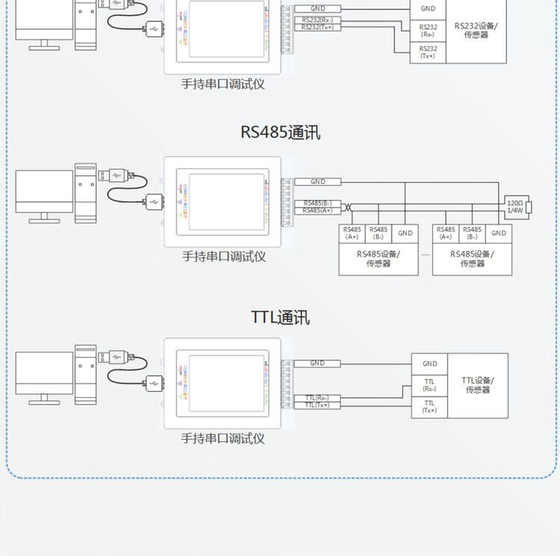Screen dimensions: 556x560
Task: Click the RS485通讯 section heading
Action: (x=280, y=132)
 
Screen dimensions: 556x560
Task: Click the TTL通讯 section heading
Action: (x=280, y=317)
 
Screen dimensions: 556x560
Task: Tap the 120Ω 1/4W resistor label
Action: (x=514, y=207)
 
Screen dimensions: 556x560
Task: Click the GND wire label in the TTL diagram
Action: (x=317, y=363)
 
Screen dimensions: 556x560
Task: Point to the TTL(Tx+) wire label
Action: (x=317, y=405)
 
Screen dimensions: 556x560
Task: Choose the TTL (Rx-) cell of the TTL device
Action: (x=429, y=385)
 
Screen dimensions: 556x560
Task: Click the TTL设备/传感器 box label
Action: (x=478, y=385)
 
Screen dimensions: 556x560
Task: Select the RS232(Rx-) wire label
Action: (x=317, y=19)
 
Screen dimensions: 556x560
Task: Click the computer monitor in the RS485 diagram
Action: (x=44, y=193)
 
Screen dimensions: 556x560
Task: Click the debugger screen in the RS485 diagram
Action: (x=226, y=201)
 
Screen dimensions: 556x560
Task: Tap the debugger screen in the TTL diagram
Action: (x=226, y=383)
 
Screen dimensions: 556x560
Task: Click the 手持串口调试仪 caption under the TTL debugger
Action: (x=223, y=439)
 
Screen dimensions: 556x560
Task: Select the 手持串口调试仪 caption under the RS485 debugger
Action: (x=223, y=257)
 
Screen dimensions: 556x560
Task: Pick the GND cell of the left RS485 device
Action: (x=405, y=233)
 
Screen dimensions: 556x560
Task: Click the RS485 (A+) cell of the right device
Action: (x=446, y=233)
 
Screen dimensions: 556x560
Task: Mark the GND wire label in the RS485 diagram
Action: (x=317, y=181)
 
